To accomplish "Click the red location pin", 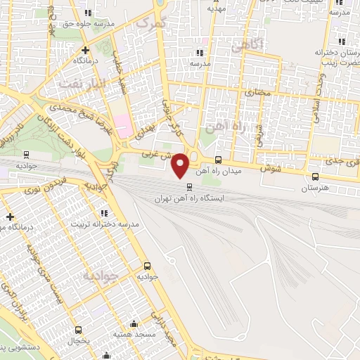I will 181,164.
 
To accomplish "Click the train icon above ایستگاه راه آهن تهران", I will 189,186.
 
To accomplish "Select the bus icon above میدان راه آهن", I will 218,160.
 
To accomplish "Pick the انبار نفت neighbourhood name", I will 81,84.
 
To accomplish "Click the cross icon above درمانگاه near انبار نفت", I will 85,50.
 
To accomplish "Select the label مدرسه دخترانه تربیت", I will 105,224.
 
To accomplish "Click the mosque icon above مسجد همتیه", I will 134,323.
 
